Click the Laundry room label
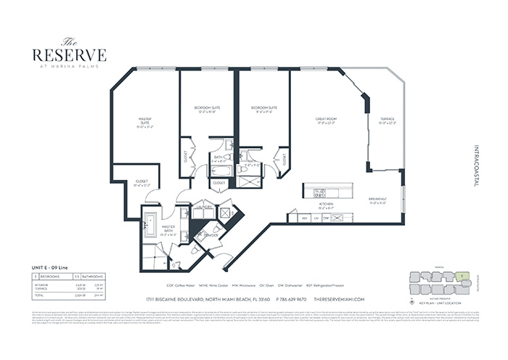(x=203, y=207)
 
